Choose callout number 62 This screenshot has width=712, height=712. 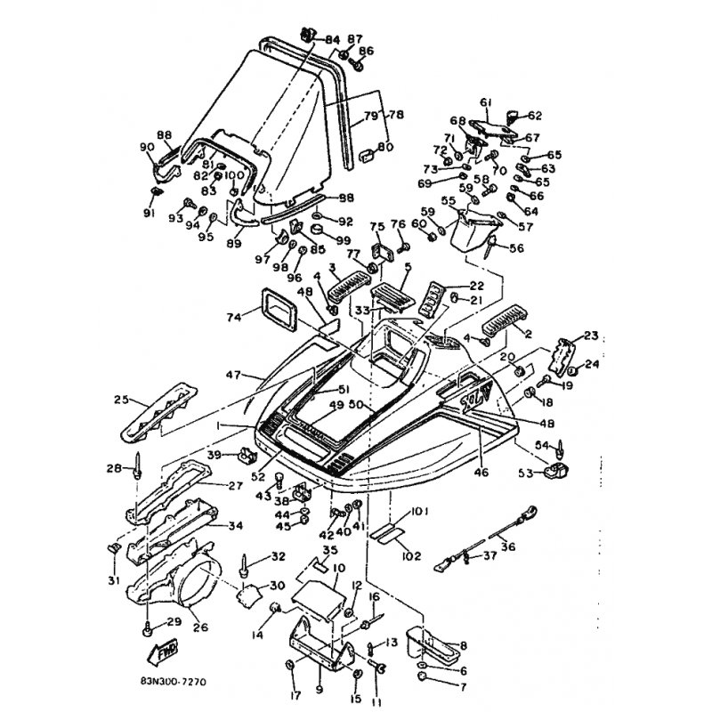pos(534,115)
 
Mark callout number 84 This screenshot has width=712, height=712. pos(332,39)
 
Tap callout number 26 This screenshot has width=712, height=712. pos(201,627)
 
